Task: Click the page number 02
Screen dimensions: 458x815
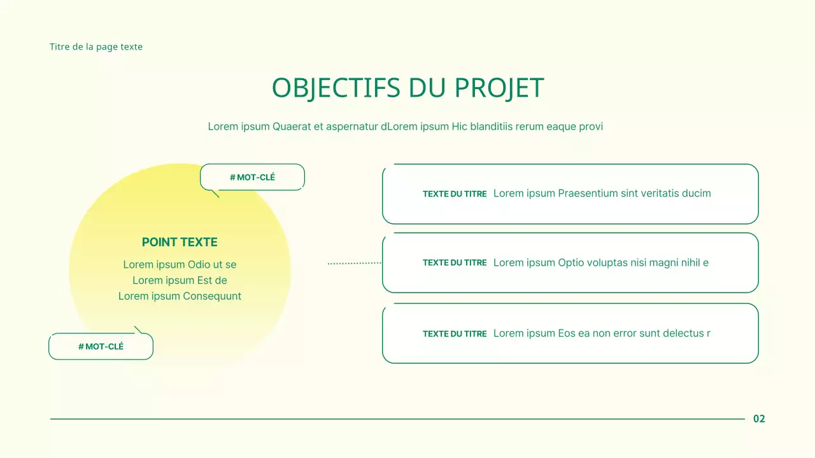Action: pyautogui.click(x=759, y=419)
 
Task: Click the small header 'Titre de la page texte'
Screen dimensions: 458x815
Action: pyautogui.click(x=96, y=46)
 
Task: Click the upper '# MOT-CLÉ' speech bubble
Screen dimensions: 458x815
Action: pyautogui.click(x=252, y=177)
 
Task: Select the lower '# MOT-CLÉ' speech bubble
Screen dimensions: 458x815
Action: pyautogui.click(x=101, y=347)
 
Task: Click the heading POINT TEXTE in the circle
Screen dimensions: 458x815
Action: pyautogui.click(x=180, y=242)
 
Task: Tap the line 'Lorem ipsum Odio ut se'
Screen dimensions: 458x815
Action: pyautogui.click(x=180, y=265)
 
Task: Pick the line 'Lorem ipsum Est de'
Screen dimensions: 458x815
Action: pyautogui.click(x=180, y=281)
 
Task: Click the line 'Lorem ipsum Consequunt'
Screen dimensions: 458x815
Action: pyautogui.click(x=180, y=296)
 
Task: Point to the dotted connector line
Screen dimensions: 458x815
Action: pyautogui.click(x=354, y=263)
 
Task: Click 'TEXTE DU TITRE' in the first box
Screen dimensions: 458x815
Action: pyautogui.click(x=455, y=194)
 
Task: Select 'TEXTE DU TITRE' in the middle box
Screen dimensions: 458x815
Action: pyautogui.click(x=455, y=263)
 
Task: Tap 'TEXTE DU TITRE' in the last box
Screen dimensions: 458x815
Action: pyautogui.click(x=455, y=334)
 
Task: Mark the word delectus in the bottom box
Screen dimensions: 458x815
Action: pyautogui.click(x=683, y=333)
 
